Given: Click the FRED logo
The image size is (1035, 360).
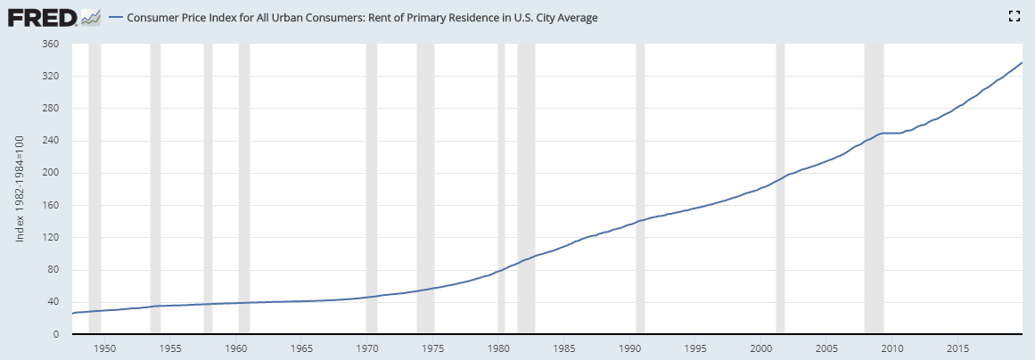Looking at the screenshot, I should (x=41, y=16).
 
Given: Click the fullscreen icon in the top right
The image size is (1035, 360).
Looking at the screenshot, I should (x=1013, y=16).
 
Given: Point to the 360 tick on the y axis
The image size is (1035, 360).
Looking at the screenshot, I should (x=51, y=44).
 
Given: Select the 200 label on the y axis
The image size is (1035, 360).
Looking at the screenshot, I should (x=51, y=173).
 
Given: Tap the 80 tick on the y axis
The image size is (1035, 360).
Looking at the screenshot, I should (x=53, y=270).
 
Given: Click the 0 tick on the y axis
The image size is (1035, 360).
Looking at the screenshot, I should (x=56, y=334).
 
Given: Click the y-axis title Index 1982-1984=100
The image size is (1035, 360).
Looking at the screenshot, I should (x=21, y=189).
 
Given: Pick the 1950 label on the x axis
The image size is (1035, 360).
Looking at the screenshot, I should (x=105, y=348).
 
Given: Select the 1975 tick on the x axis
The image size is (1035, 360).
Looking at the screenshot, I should (x=433, y=348).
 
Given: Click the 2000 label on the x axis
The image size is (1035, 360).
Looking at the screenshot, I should (x=761, y=348).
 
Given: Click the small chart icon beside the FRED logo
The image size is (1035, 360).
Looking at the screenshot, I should (x=89, y=16).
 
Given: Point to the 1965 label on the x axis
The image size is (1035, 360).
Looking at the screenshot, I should (x=302, y=348).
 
